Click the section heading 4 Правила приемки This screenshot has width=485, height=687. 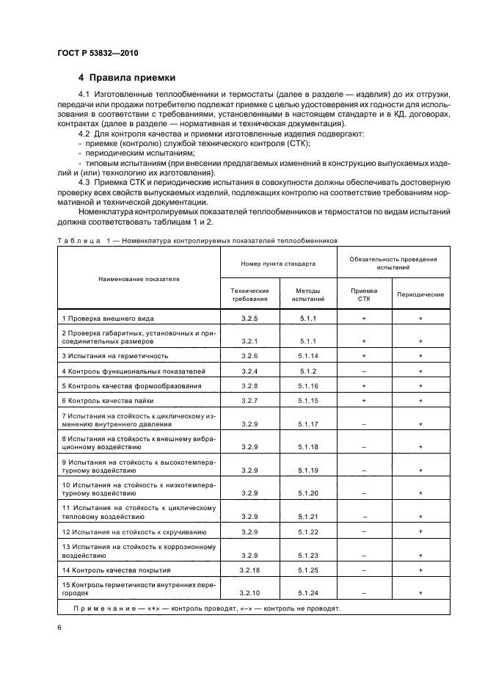tap(126, 78)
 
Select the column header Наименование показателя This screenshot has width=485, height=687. tap(136, 279)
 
